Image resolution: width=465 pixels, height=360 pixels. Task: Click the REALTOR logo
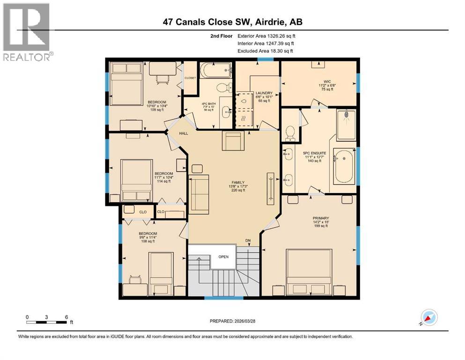click(26, 32)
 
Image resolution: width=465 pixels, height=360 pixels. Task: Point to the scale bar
click(47, 322)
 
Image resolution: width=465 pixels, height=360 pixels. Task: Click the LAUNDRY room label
click(264, 93)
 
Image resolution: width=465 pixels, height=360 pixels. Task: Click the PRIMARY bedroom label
click(321, 218)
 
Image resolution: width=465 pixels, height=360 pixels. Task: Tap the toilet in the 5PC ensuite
click(289, 133)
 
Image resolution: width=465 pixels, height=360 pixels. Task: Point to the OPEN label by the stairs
click(223, 256)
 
